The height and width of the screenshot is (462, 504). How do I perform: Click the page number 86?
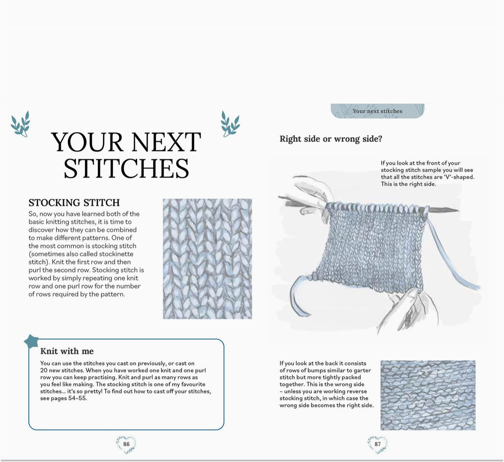pyautogui.click(x=126, y=444)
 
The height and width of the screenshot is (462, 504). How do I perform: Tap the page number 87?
pyautogui.click(x=378, y=444)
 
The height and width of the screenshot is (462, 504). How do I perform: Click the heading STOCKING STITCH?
pyautogui.click(x=74, y=203)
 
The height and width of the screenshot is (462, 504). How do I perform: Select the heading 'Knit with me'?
pyautogui.click(x=67, y=351)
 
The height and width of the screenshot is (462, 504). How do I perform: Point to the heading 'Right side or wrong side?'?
pyautogui.click(x=331, y=139)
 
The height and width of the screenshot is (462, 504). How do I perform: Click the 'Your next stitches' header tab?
pyautogui.click(x=377, y=111)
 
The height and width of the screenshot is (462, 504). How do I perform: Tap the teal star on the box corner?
pyautogui.click(x=31, y=341)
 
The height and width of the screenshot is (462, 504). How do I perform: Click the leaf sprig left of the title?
pyautogui.click(x=20, y=124)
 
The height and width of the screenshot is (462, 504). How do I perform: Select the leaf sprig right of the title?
pyautogui.click(x=230, y=124)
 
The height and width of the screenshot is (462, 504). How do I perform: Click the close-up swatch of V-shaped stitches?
pyautogui.click(x=207, y=259)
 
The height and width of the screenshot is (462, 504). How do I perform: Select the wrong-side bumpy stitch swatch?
pyautogui.click(x=428, y=395)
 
